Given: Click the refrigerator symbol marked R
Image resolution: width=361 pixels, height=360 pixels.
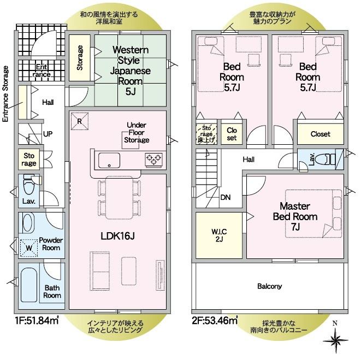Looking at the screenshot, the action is point(80,121).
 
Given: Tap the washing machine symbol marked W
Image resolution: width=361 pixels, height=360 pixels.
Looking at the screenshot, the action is point(29,248).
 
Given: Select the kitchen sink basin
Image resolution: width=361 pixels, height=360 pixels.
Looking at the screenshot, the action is point(109,160).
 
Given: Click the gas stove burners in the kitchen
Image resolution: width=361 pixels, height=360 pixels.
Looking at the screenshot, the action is point(153,160).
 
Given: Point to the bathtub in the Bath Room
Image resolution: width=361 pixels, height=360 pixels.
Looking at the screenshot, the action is point(29,285).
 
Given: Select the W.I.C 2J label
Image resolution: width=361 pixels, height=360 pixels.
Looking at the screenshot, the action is point(219,235).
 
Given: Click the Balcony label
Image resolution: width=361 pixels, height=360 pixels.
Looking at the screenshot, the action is point(270,286).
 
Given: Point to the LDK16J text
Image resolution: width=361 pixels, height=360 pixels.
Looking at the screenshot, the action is point(117,235).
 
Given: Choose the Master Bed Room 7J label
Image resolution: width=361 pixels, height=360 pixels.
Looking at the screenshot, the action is point(295,216).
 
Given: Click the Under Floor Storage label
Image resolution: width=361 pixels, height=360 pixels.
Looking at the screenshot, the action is point(137,132).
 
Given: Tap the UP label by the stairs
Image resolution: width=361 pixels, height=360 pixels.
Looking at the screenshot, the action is point(48,134).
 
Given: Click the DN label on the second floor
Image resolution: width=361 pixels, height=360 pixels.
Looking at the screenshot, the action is point(226,197).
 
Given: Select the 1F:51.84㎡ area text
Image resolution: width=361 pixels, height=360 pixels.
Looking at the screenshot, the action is point(37,320).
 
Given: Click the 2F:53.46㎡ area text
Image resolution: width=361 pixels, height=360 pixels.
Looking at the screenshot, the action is point(215,320).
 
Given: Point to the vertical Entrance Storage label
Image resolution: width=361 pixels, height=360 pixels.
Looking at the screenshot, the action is point(5,94).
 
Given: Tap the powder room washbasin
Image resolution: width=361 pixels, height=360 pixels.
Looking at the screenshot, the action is point(28,223).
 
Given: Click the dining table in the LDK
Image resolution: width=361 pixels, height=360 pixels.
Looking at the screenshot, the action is point(119,198).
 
